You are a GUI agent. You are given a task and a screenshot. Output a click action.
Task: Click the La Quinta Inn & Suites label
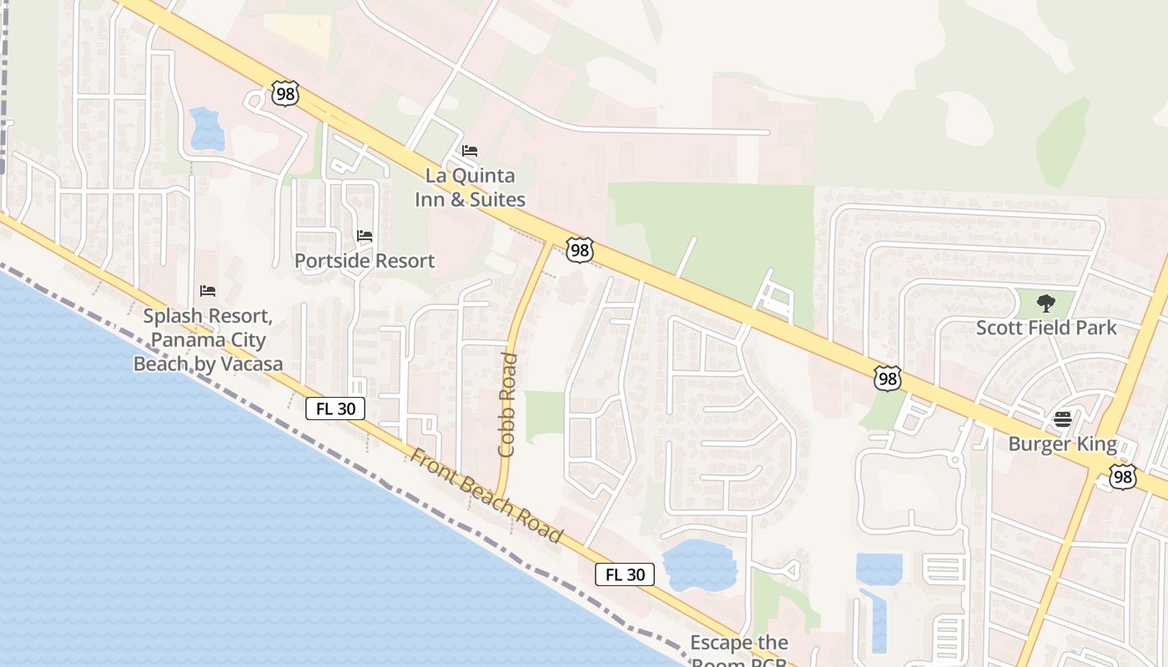[471, 188]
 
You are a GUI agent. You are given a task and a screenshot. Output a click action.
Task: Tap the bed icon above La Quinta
[470, 151]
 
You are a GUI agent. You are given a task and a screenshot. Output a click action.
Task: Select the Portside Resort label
[365, 261]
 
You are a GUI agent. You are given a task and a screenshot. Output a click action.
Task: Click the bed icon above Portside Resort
[365, 236]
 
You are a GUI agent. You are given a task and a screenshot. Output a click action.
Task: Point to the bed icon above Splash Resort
[208, 291]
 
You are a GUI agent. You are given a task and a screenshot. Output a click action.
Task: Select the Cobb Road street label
[507, 405]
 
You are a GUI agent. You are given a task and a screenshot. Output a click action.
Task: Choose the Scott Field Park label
[1046, 328]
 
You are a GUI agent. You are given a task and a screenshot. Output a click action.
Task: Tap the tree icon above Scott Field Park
[1046, 303]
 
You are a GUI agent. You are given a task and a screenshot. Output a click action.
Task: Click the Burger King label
[1062, 444]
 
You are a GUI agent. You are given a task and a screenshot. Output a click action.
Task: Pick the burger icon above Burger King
[1062, 419]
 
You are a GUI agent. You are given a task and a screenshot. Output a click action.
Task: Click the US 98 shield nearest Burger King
[1123, 477]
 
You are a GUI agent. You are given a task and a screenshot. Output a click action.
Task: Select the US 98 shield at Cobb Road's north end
[579, 248]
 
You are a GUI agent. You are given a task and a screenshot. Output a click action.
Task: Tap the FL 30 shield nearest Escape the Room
[625, 574]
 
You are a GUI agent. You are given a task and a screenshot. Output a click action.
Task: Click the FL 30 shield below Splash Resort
[335, 409]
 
